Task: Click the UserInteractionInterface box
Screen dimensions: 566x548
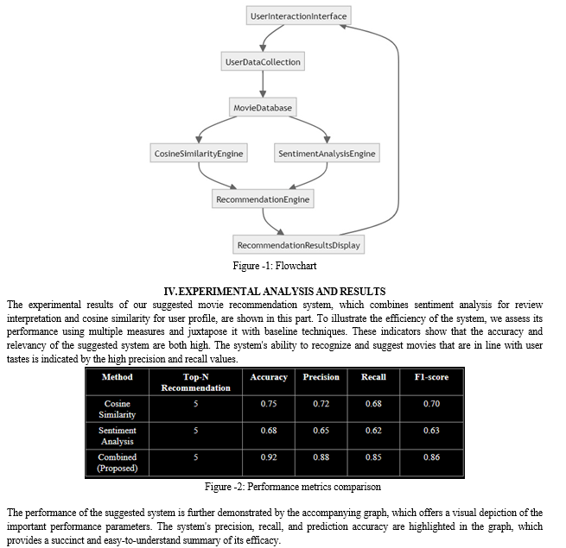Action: click(298, 16)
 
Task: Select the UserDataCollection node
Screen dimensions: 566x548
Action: click(263, 61)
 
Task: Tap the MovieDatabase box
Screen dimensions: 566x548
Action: click(263, 107)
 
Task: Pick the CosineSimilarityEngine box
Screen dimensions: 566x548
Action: click(199, 154)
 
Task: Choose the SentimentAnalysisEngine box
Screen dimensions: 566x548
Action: click(327, 154)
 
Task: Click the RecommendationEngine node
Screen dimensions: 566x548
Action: click(263, 199)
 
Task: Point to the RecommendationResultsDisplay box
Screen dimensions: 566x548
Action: click(298, 245)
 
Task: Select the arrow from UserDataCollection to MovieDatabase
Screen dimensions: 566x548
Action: click(263, 84)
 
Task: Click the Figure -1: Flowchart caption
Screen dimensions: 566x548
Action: click(275, 266)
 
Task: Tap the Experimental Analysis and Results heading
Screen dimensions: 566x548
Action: click(275, 291)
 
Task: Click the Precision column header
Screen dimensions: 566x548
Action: click(321, 377)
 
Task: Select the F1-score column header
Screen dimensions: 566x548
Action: click(431, 377)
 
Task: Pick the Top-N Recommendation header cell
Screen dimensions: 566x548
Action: click(195, 382)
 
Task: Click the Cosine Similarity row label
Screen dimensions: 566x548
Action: click(117, 409)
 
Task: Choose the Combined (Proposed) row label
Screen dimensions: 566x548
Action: click(117, 463)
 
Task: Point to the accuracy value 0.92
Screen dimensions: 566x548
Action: click(269, 457)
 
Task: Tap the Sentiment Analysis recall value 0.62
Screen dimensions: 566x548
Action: click(373, 431)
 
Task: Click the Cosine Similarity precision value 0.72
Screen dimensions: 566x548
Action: click(321, 403)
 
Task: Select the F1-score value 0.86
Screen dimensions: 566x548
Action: click(431, 457)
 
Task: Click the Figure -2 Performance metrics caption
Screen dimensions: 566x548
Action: click(293, 487)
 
